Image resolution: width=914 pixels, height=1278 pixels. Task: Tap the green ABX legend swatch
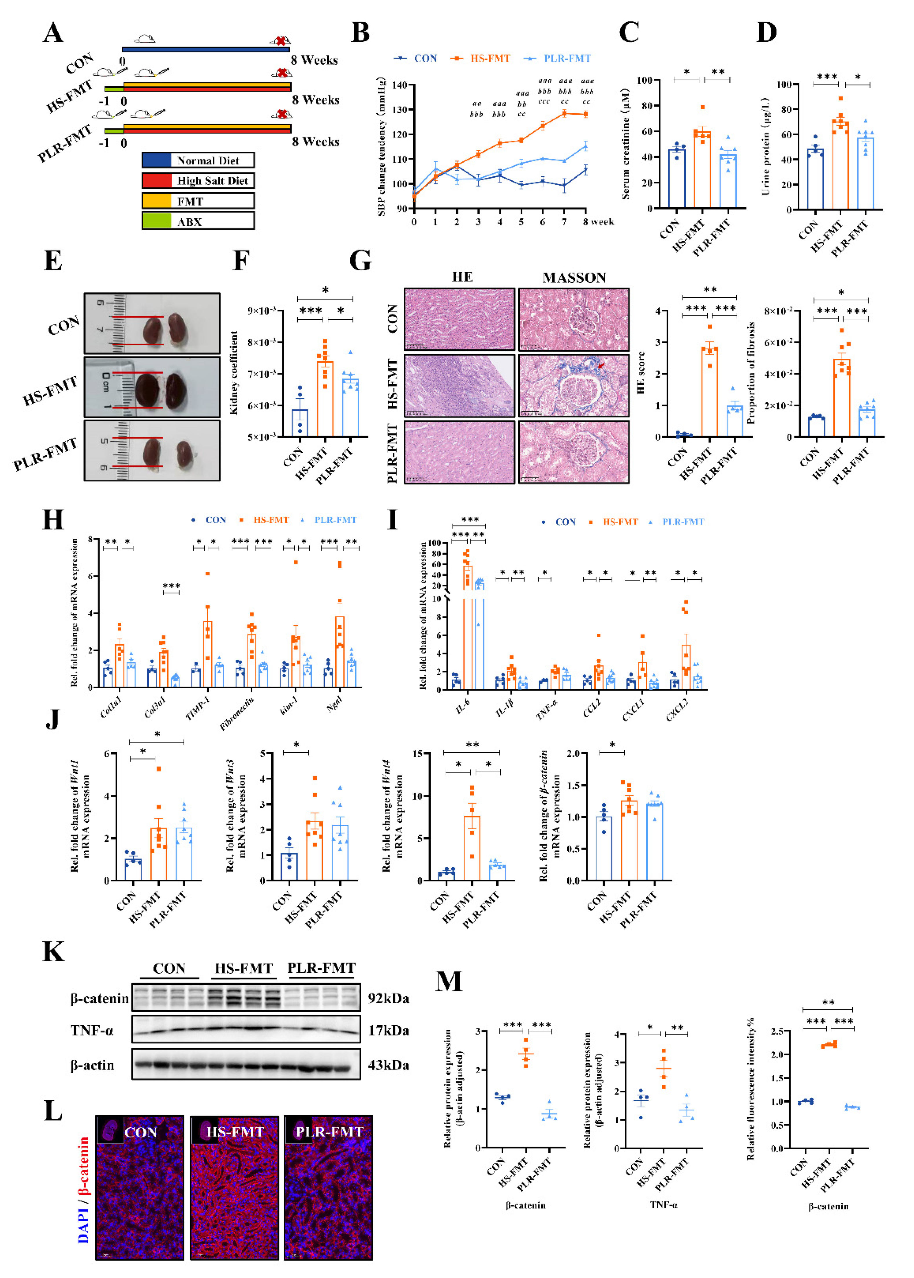click(x=157, y=221)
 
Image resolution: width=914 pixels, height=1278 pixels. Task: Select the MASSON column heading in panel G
click(x=574, y=277)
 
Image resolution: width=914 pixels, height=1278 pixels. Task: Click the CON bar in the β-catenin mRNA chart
click(x=604, y=849)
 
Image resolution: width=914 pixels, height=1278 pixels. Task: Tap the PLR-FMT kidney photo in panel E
click(x=152, y=450)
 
